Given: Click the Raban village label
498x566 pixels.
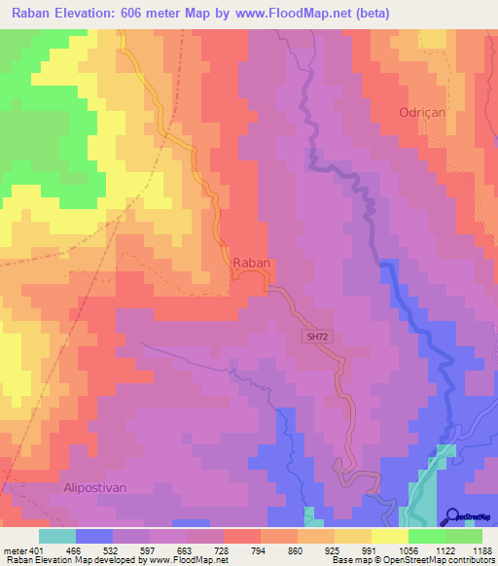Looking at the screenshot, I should (x=250, y=263).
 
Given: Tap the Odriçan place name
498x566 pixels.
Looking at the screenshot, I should (x=422, y=113).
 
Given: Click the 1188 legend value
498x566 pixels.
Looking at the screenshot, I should (x=479, y=550).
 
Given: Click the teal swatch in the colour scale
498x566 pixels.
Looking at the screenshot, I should (x=56, y=536).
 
